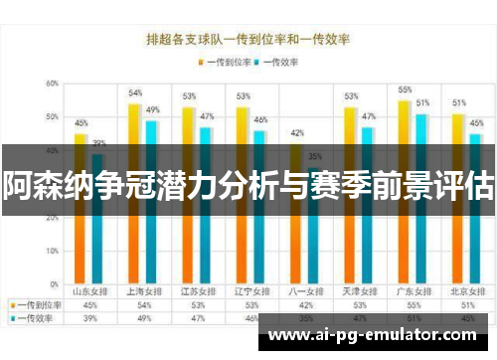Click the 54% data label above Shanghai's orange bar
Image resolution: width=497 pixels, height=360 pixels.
point(135,92)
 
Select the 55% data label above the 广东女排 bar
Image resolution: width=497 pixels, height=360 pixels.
point(405,90)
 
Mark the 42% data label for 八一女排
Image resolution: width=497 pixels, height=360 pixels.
point(296,132)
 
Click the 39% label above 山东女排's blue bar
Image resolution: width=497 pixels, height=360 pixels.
point(98,143)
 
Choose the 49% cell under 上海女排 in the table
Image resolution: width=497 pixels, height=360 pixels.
point(144,318)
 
